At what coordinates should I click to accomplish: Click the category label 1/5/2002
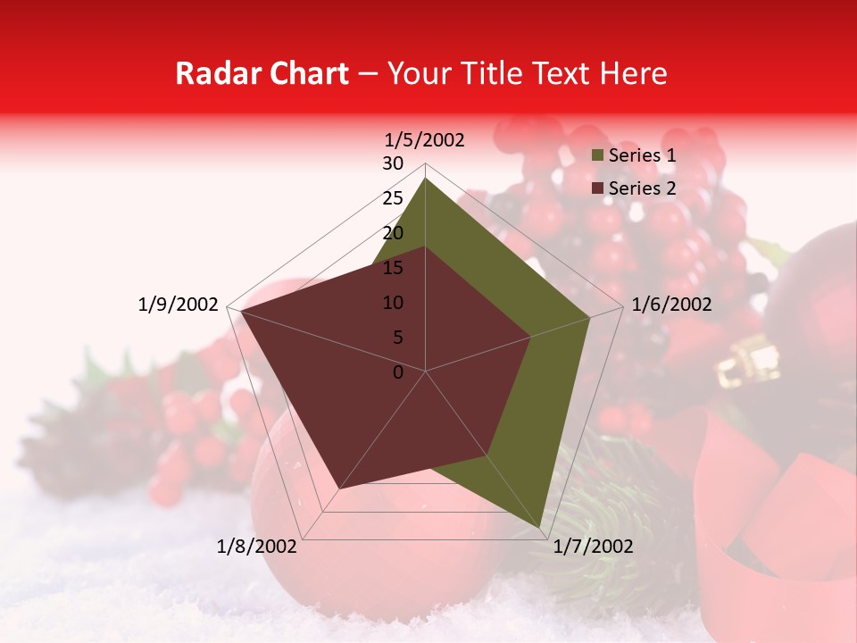point(425,139)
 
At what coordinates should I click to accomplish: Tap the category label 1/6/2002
point(671,305)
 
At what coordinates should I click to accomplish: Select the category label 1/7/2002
point(593,547)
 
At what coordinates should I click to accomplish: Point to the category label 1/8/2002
point(257,547)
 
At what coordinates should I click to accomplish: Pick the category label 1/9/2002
point(179,305)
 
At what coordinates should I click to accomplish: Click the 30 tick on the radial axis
point(393,163)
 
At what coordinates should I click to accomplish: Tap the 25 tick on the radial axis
point(393,198)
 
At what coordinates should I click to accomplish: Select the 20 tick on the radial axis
point(393,233)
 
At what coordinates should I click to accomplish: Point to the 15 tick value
point(393,268)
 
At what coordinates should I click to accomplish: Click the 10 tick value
point(393,303)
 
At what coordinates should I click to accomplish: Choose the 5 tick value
point(398,338)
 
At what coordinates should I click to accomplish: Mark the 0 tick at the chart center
point(398,372)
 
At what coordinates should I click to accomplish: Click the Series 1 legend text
point(642,155)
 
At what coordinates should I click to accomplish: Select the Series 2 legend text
point(642,188)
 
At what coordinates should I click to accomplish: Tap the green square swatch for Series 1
point(598,155)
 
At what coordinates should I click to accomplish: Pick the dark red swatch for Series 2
point(598,188)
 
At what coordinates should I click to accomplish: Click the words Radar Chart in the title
point(262,74)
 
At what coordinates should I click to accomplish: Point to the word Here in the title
point(633,74)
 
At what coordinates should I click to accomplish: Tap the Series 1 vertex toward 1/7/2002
point(539,527)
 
